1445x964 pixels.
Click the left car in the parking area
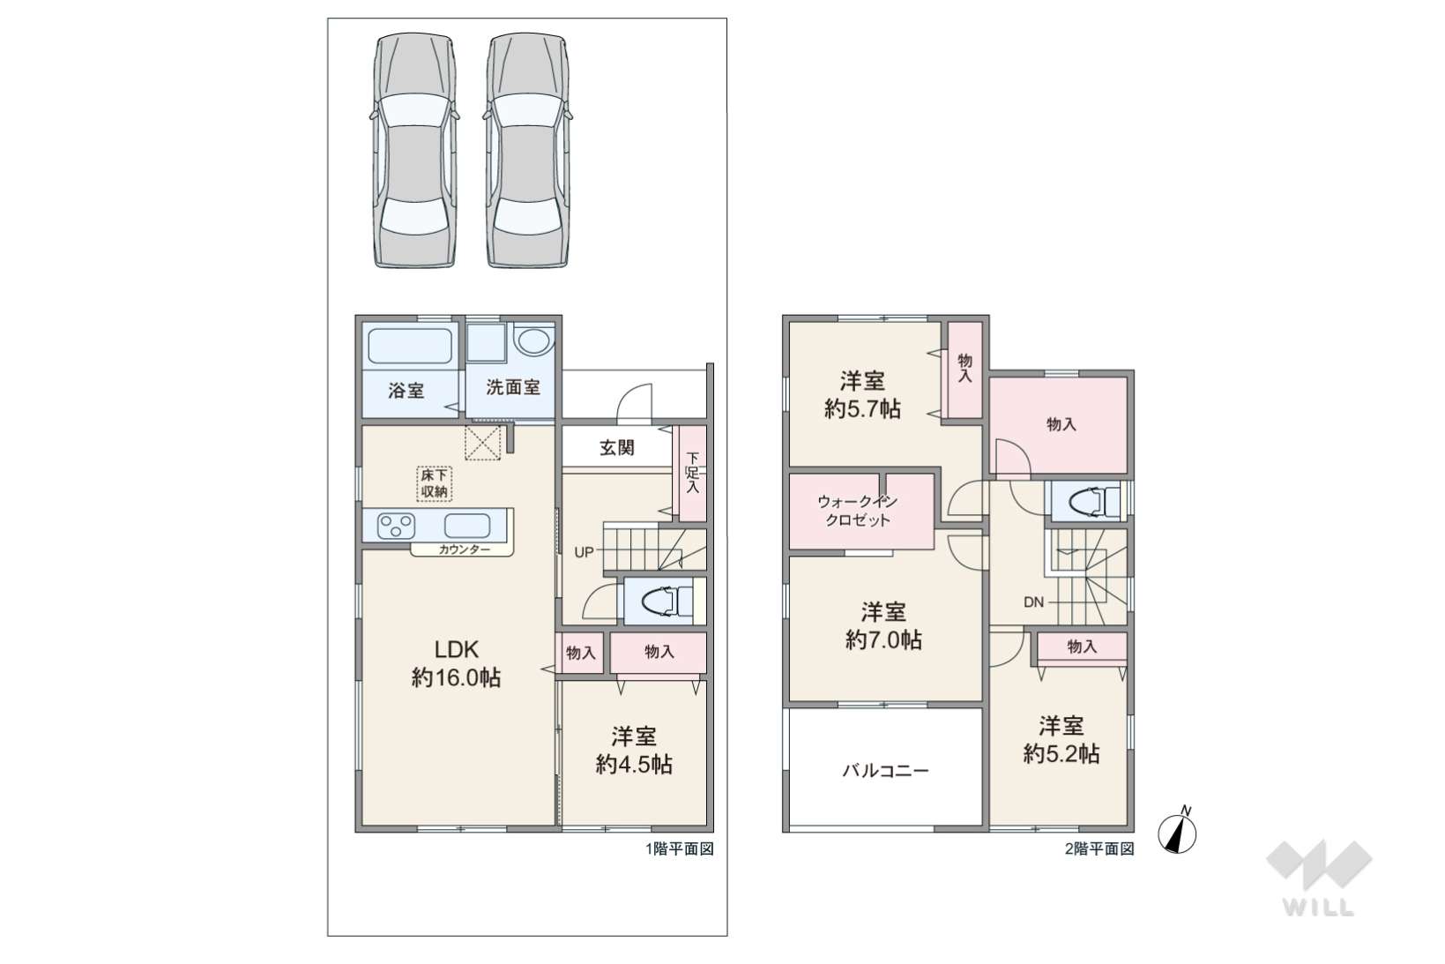click(414, 150)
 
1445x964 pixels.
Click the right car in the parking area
click(528, 150)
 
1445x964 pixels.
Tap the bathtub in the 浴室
click(410, 347)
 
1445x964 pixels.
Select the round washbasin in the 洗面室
click(533, 342)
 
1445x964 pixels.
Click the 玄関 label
click(617, 448)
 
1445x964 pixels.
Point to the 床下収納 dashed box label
click(434, 483)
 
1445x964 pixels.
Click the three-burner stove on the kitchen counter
click(396, 526)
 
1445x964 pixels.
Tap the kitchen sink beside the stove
click(467, 526)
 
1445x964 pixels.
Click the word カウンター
click(464, 549)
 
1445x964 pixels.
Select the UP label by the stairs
click(584, 552)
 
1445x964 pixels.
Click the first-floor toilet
click(667, 602)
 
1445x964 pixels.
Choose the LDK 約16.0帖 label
click(456, 663)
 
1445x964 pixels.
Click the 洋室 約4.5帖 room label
click(634, 750)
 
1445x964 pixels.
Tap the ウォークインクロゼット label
click(857, 511)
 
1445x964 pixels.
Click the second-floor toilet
click(1094, 501)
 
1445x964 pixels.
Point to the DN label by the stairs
click(1033, 602)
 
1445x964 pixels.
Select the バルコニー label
click(886, 771)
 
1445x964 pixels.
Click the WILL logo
click(1319, 878)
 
